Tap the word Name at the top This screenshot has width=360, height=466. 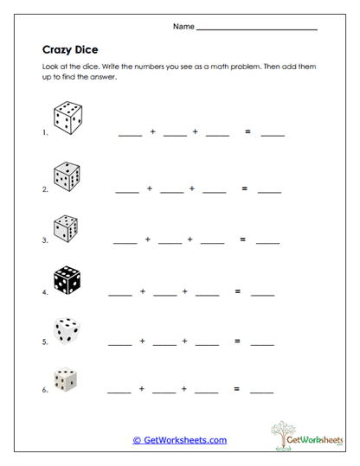click(183, 27)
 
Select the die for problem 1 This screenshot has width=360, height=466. click(67, 118)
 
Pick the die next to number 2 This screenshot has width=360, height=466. click(66, 176)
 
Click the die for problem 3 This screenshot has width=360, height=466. click(65, 227)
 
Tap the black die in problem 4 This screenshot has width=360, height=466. click(67, 280)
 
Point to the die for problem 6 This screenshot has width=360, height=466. click(64, 380)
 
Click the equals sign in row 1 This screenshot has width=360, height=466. click(247, 132)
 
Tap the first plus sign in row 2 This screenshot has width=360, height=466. click(149, 188)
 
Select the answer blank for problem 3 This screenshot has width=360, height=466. click(267, 241)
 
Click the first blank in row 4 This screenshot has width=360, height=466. click(119, 294)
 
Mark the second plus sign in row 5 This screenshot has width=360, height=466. click(184, 342)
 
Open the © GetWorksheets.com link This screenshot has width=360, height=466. click(180, 440)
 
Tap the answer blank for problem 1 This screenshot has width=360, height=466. click(273, 135)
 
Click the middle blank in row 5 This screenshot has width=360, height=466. click(164, 344)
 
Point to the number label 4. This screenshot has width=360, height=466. click(43, 292)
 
